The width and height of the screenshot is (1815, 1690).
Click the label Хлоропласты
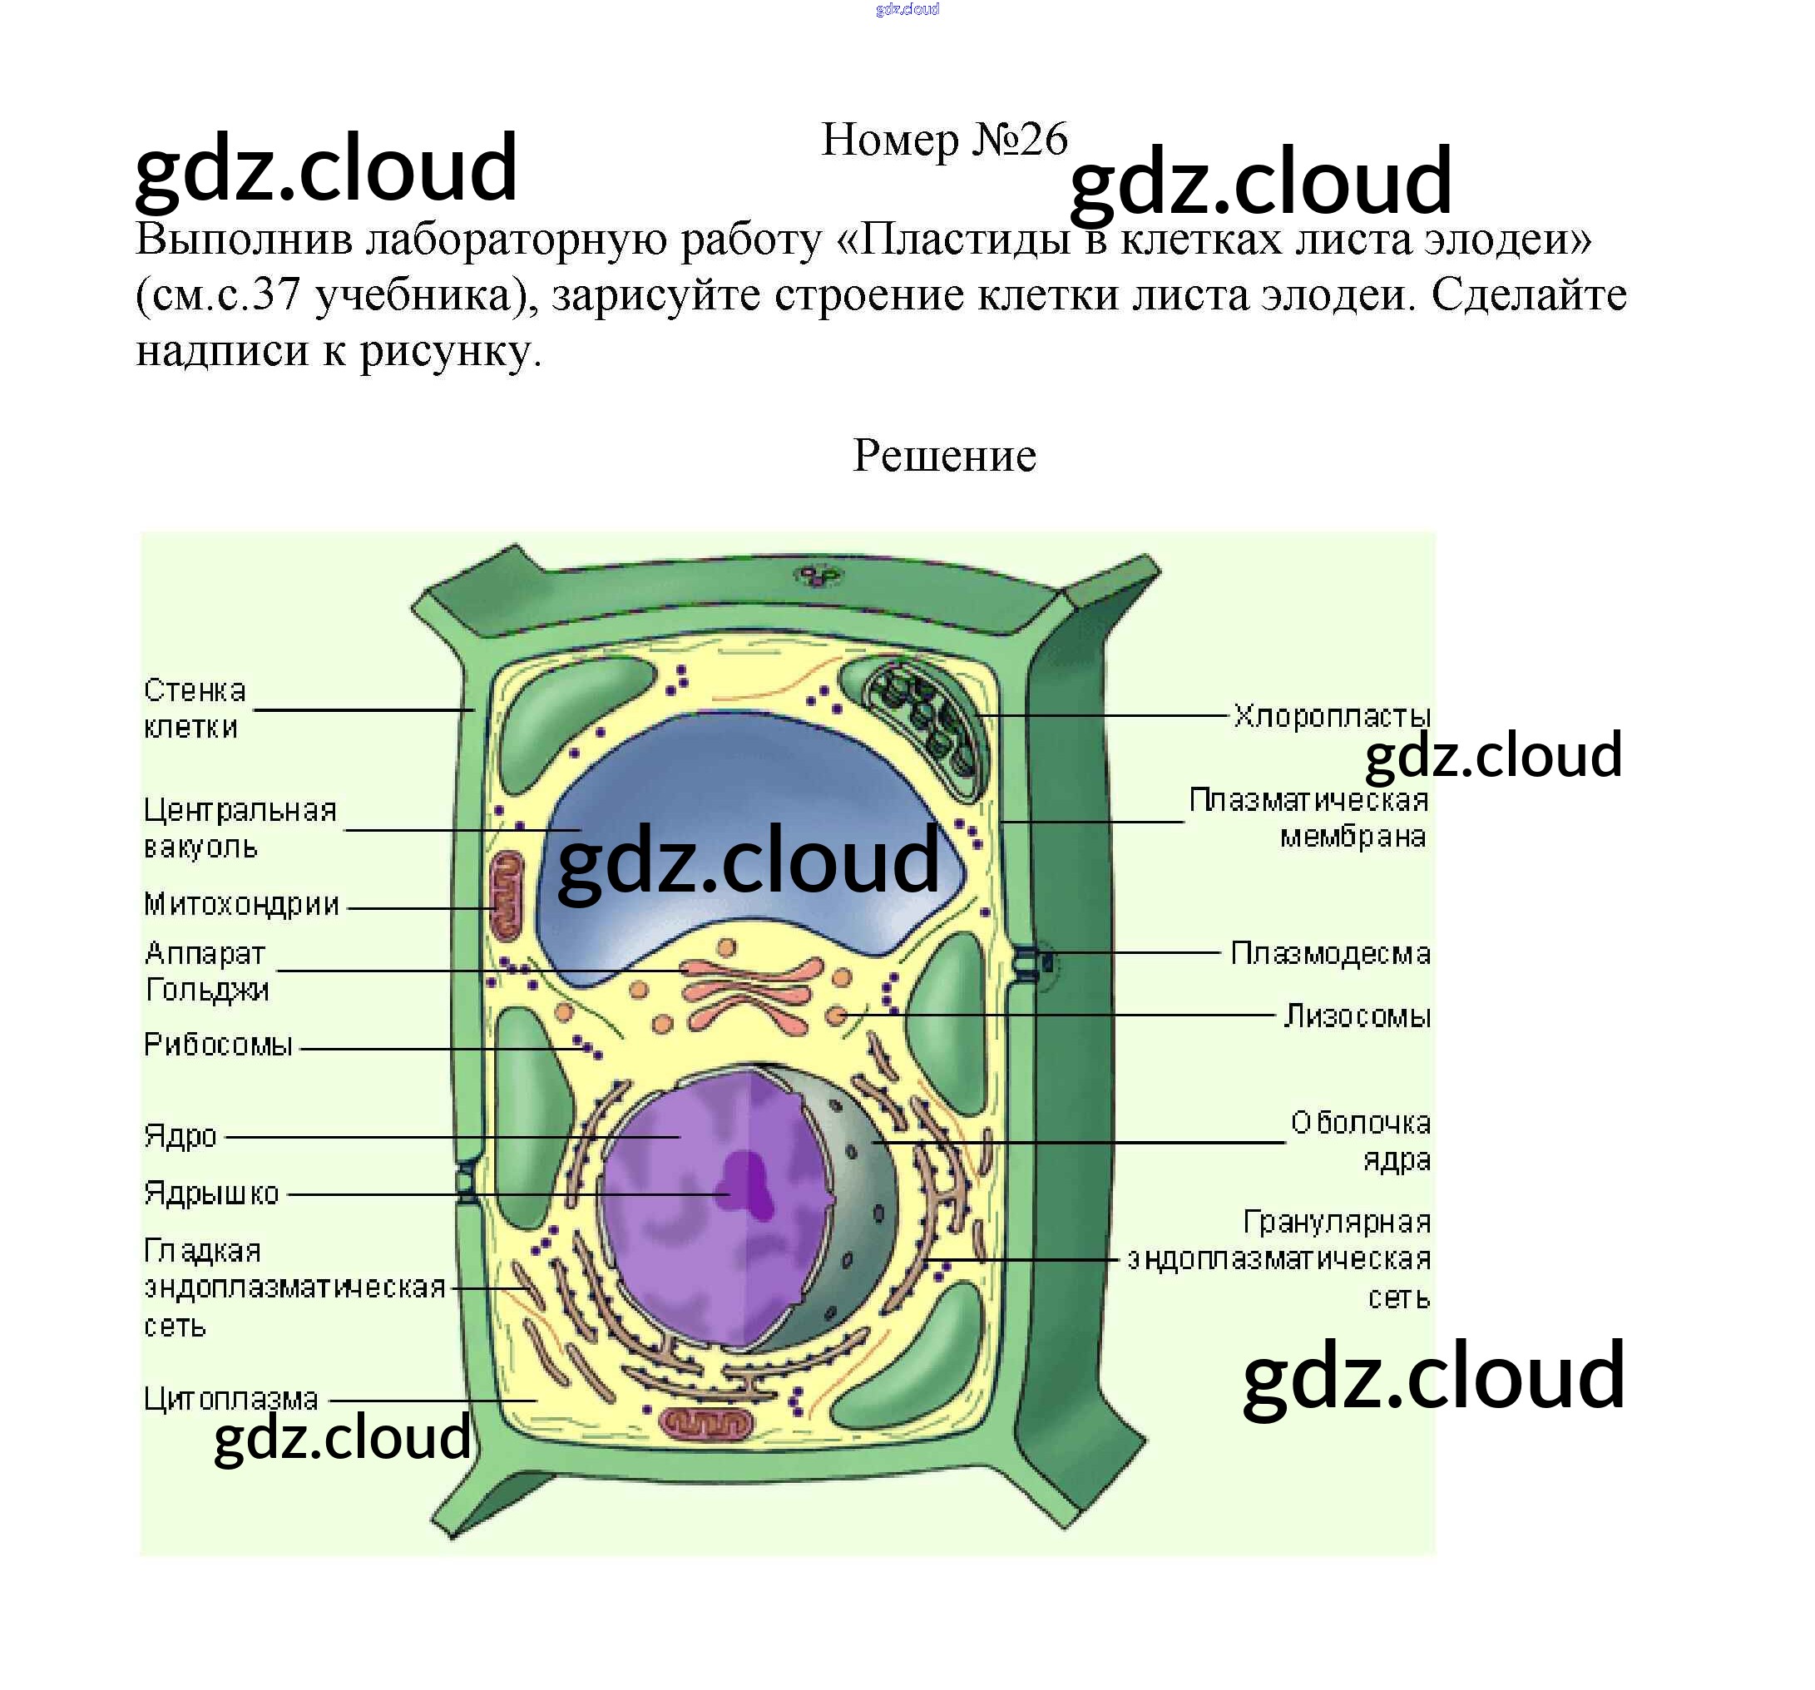point(1331,716)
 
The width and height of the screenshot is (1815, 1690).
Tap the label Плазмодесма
point(1330,953)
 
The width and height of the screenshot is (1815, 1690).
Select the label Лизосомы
point(1357,1016)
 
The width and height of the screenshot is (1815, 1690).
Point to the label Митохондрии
point(242,905)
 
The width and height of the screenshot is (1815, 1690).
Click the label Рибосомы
point(218,1045)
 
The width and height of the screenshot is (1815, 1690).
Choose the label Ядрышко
point(211,1193)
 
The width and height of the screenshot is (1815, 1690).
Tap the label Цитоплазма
point(231,1400)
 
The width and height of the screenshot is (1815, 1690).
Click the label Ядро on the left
point(181,1137)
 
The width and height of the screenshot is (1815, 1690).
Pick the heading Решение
point(944,456)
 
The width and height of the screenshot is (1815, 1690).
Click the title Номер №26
point(944,140)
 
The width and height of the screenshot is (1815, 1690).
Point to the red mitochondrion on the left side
point(507,895)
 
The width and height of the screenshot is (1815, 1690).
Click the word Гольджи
point(207,990)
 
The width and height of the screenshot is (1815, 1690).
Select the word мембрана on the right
point(1353,838)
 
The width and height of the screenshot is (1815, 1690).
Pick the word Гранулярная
point(1337,1223)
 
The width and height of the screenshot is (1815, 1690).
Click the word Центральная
point(240,811)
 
